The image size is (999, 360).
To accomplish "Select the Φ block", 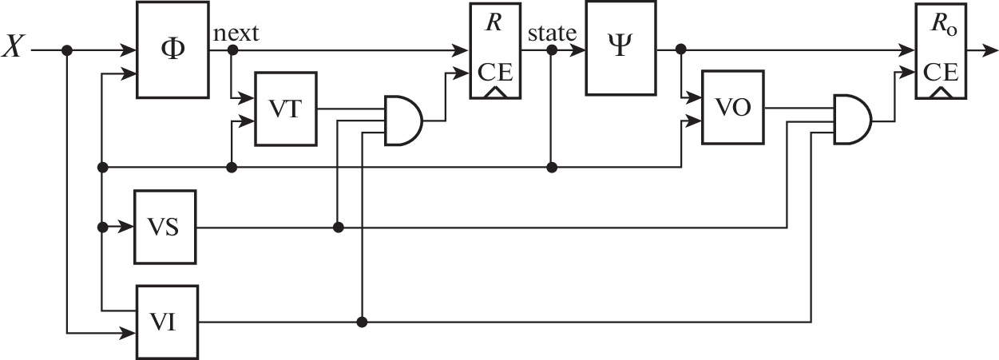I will (172, 49).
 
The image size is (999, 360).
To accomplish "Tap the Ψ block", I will (620, 49).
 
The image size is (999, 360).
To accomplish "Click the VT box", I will (285, 109).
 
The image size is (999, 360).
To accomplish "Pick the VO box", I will (732, 109).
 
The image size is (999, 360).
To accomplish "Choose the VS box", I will (165, 227).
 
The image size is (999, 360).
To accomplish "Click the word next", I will (236, 34).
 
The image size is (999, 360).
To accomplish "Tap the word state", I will (553, 34).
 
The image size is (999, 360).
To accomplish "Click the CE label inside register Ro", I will (942, 73).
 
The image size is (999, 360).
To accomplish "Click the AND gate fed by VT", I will (403, 121).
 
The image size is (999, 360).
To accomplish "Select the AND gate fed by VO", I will (851, 121).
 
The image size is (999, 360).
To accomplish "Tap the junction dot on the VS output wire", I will (339, 227).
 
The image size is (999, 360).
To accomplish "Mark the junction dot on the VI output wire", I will (363, 322).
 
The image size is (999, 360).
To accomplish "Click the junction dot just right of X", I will (67, 50).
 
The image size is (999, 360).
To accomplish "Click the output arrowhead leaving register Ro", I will (993, 49).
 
